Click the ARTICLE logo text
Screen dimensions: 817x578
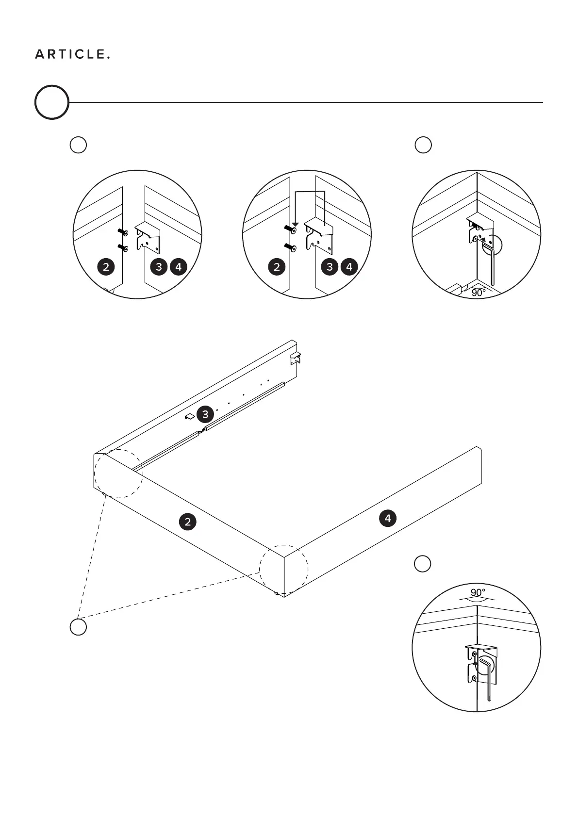72,55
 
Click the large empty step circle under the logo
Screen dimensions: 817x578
51,102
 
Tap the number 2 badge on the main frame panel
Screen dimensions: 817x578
187,522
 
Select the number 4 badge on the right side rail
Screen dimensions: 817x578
387,519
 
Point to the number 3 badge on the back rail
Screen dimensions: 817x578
205,414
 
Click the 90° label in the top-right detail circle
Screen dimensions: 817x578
478,293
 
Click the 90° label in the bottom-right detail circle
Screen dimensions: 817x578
478,593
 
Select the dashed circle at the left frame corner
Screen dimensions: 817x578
118,473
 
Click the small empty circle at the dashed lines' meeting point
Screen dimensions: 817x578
78,627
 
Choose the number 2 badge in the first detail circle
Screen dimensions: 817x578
106,266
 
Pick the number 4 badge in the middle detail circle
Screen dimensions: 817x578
349,266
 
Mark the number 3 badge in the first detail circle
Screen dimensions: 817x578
159,266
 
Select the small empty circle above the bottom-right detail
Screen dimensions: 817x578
422,563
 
